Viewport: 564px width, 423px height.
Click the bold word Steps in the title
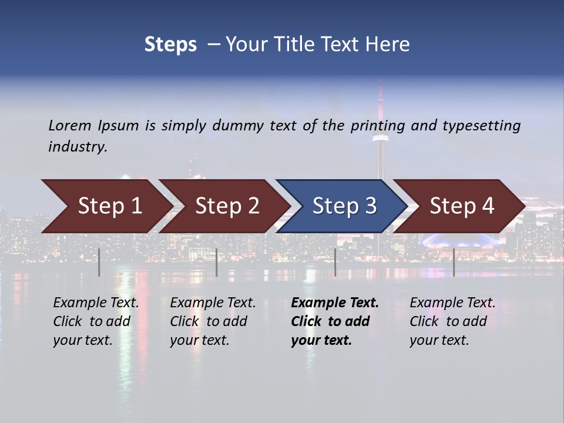pyautogui.click(x=170, y=45)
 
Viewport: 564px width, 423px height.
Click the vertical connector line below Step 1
pyautogui.click(x=99, y=262)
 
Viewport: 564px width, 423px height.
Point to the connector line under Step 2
pyautogui.click(x=217, y=262)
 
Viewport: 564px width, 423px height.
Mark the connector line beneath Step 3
pyautogui.click(x=335, y=262)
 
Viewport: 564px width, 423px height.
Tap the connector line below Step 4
pyautogui.click(x=454, y=262)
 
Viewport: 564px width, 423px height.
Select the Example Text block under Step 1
pyautogui.click(x=96, y=321)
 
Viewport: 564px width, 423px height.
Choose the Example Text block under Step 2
pyautogui.click(x=213, y=321)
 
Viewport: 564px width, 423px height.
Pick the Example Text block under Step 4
pyautogui.click(x=452, y=321)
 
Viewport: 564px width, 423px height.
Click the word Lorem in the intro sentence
pyautogui.click(x=70, y=126)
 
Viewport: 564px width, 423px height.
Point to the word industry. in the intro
pyautogui.click(x=78, y=147)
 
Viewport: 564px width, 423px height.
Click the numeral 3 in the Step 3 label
pyautogui.click(x=370, y=206)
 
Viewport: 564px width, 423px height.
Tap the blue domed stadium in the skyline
pyautogui.click(x=455, y=240)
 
